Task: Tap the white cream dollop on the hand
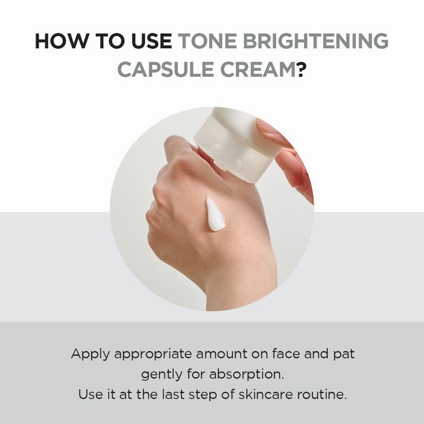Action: (x=215, y=214)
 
